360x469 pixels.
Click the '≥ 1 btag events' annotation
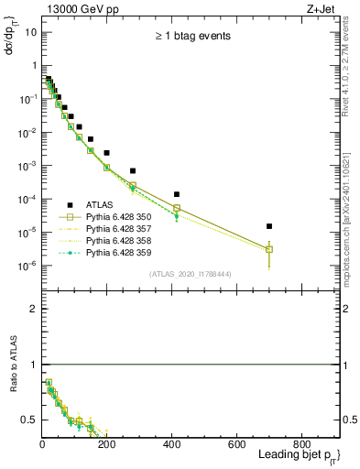click(x=191, y=37)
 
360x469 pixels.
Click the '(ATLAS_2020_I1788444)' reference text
click(x=191, y=273)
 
